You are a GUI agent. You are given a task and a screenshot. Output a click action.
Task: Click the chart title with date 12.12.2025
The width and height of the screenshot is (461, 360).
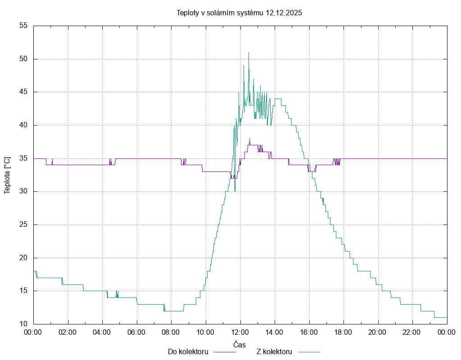click(239, 13)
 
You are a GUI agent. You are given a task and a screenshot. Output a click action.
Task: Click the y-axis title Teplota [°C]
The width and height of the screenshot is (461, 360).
click(7, 175)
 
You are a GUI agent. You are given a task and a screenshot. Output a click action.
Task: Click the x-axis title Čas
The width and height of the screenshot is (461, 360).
click(240, 345)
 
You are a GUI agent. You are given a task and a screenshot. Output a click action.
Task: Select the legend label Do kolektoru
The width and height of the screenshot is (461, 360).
click(188, 351)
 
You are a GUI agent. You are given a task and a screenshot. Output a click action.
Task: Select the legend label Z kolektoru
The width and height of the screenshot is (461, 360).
click(275, 351)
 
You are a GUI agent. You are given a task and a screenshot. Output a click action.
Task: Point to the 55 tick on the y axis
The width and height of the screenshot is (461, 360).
click(24, 26)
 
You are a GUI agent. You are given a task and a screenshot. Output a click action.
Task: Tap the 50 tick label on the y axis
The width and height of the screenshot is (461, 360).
click(24, 59)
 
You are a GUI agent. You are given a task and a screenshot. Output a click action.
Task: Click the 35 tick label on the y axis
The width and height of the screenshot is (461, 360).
click(24, 158)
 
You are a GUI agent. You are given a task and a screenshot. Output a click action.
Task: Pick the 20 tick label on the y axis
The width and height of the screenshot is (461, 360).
click(24, 258)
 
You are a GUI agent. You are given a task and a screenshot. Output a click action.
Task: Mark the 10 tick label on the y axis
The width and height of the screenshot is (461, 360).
click(24, 324)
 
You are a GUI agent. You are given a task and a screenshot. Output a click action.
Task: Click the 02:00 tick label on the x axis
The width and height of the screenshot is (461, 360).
click(68, 332)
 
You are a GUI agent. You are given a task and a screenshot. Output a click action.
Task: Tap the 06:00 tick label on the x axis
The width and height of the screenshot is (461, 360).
click(137, 332)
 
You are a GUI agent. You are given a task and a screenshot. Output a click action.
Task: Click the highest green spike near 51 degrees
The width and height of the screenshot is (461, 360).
click(249, 53)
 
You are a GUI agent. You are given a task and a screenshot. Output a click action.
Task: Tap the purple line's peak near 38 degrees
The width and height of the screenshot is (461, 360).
click(249, 139)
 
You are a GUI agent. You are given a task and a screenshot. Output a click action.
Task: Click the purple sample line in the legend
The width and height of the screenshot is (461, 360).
click(224, 352)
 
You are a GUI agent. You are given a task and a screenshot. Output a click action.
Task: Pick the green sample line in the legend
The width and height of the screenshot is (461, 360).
click(308, 352)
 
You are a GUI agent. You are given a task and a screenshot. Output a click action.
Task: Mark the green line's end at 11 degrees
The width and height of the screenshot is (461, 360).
click(447, 317)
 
